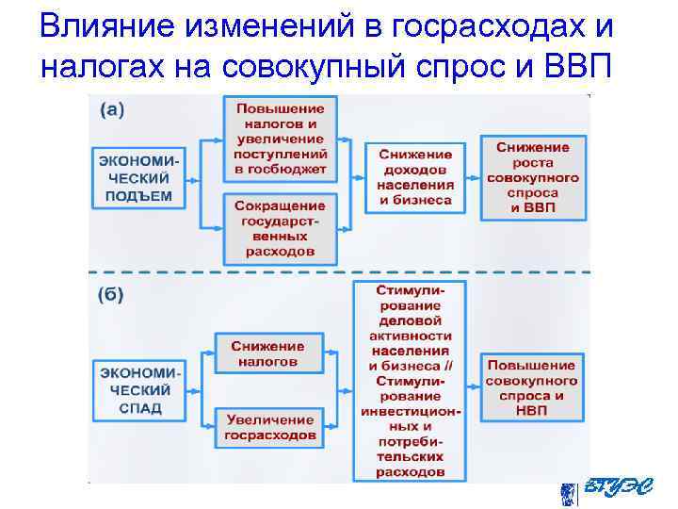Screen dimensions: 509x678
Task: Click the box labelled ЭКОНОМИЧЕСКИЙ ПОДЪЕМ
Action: click(x=137, y=177)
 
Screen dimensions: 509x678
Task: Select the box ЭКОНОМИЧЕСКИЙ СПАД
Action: click(x=137, y=387)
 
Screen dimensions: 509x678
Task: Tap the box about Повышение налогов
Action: click(x=281, y=139)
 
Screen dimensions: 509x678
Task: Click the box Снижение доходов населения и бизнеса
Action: click(x=414, y=177)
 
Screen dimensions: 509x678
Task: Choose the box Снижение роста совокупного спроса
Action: click(x=533, y=177)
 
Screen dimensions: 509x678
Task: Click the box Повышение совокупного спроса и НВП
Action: click(x=533, y=387)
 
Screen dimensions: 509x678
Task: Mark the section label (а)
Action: click(x=111, y=109)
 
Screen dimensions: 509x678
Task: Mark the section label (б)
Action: click(x=111, y=294)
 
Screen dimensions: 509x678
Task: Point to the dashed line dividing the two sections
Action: click(x=339, y=272)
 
